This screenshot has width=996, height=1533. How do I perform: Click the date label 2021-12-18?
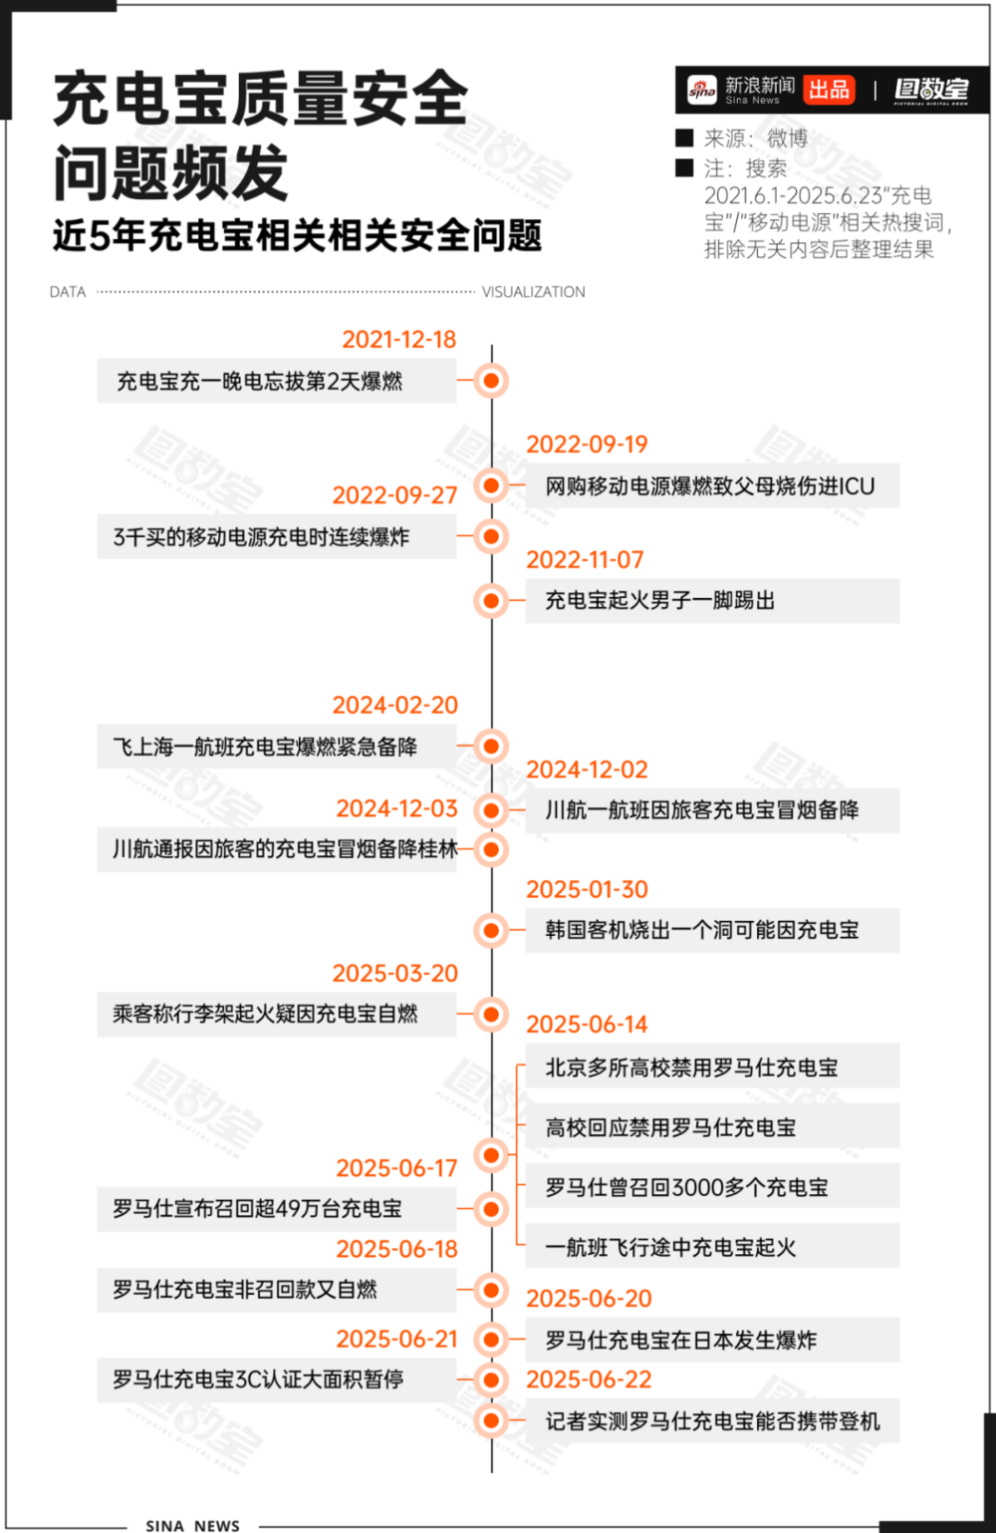click(398, 340)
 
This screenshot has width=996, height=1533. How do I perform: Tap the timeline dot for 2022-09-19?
click(491, 485)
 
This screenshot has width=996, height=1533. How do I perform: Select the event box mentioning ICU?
click(712, 485)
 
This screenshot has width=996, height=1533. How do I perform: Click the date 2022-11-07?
click(585, 560)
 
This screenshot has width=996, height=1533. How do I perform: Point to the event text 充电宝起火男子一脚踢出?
click(660, 600)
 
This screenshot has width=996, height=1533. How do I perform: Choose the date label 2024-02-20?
click(394, 705)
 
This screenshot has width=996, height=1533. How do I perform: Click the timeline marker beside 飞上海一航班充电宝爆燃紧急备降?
click(491, 746)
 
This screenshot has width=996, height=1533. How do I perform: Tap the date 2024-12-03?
click(396, 808)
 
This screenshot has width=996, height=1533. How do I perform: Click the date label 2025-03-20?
click(394, 973)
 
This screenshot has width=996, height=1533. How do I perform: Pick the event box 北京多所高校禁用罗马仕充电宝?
click(712, 1067)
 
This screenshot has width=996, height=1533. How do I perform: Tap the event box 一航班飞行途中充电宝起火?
click(712, 1246)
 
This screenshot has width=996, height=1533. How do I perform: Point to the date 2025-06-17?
click(396, 1168)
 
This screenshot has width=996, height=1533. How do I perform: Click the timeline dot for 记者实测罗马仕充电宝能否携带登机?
click(491, 1420)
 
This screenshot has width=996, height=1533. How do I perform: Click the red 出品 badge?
click(829, 90)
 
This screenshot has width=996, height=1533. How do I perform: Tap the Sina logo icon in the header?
click(702, 90)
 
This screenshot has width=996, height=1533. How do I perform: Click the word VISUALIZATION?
click(534, 292)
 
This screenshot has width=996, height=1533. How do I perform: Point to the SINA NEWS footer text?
click(193, 1525)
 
